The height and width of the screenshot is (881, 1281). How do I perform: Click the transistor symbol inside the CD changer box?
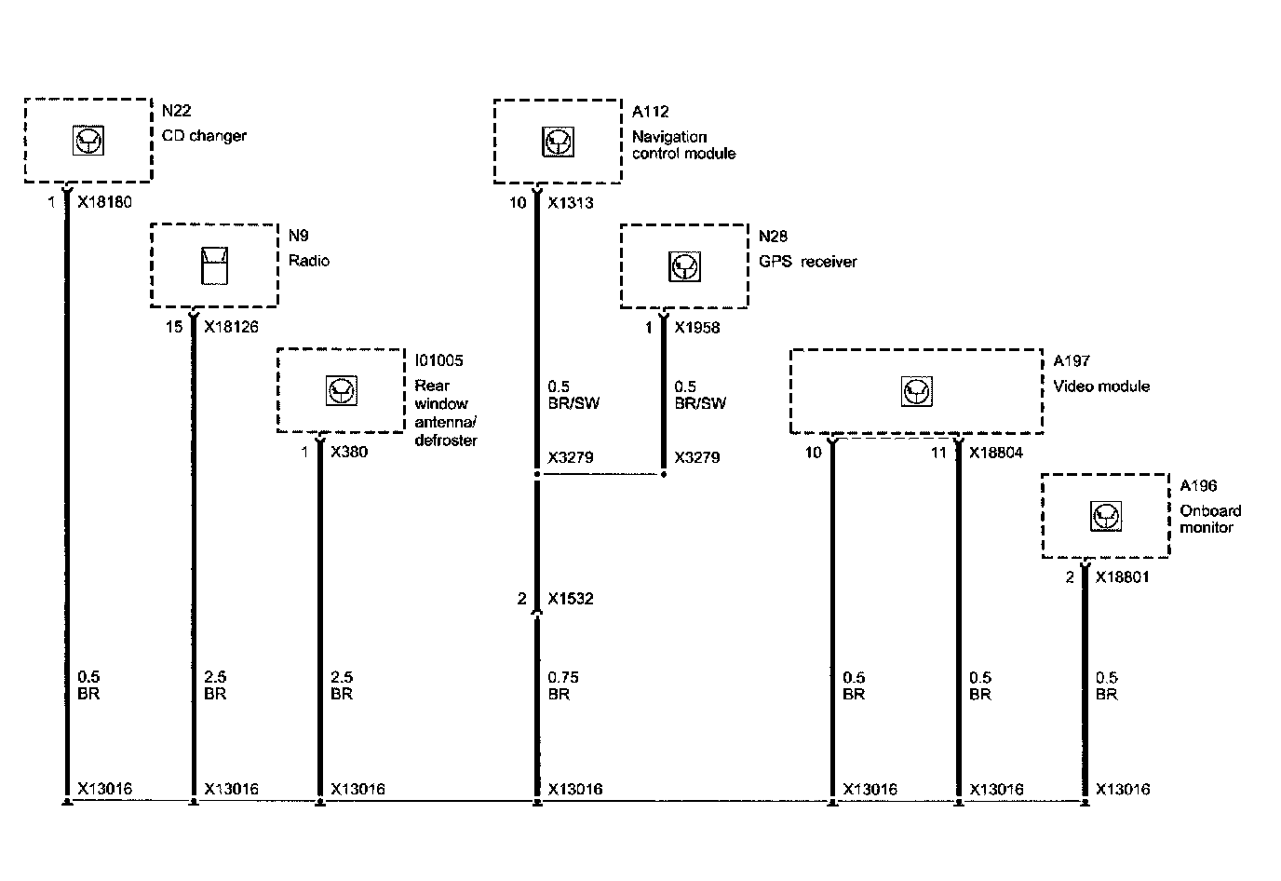point(88,141)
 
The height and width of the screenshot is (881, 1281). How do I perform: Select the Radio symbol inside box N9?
point(215,265)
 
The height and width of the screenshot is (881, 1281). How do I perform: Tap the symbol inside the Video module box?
point(917,391)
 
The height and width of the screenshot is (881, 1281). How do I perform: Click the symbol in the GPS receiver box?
point(685,266)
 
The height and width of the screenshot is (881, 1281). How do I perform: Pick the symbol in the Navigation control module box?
point(558,142)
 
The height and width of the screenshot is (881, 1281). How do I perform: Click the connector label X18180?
point(104,202)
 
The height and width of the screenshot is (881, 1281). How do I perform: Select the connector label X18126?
point(231,327)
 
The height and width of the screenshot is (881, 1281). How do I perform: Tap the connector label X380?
point(349,452)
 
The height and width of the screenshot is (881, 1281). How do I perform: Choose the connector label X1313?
point(571,202)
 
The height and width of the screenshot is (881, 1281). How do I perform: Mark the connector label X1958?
point(697,327)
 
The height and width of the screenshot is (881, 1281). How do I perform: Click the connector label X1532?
point(571,599)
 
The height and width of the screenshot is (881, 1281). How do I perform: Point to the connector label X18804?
point(996,452)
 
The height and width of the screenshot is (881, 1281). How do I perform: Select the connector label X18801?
point(1122,577)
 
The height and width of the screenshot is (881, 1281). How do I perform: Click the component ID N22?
point(176,111)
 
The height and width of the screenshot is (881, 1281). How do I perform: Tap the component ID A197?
point(1072,360)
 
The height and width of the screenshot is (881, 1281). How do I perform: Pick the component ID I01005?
point(438,360)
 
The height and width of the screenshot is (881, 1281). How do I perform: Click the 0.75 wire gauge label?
point(563,677)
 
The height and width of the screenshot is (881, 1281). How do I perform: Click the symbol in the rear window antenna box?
point(342,391)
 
